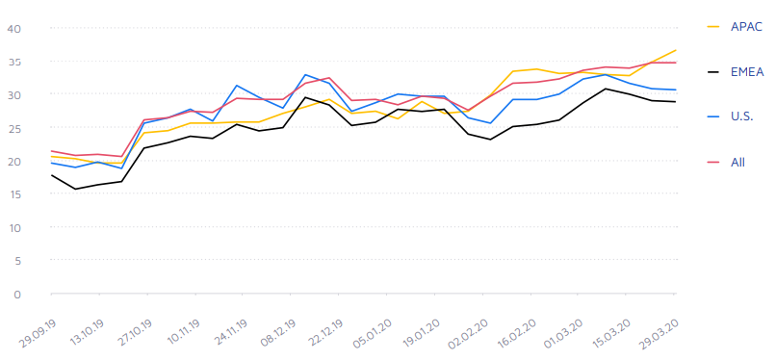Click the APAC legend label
(x=746, y=26)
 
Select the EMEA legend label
(x=747, y=71)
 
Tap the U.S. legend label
(x=741, y=116)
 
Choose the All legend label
(x=737, y=162)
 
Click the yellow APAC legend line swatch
(x=713, y=26)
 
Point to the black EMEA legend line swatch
(x=713, y=71)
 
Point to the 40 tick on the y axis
(x=14, y=29)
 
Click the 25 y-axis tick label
(x=14, y=128)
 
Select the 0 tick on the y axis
(x=17, y=295)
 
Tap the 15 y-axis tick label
(x=14, y=194)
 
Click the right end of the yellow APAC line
(x=676, y=50)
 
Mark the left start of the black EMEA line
(x=51, y=175)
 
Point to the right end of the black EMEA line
(x=676, y=102)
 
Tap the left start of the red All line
(x=51, y=151)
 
